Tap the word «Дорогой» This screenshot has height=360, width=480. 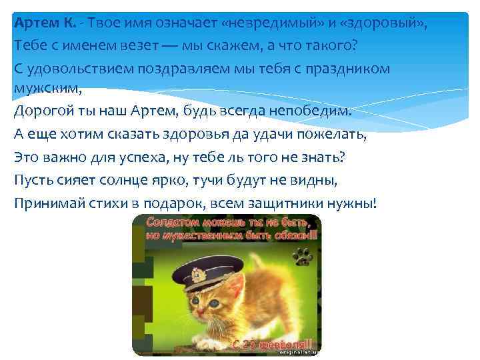pyautogui.click(x=44, y=111)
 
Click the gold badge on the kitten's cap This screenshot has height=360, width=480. pyautogui.click(x=197, y=273)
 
